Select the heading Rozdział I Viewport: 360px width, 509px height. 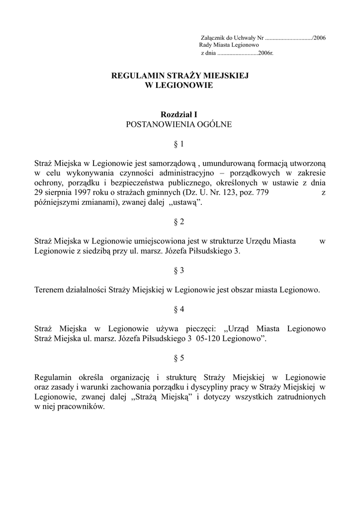pos(179,115)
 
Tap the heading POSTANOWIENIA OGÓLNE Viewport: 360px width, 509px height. pos(179,124)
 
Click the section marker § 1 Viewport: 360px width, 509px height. pos(179,144)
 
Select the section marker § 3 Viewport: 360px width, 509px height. pos(179,270)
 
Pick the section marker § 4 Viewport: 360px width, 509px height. pos(179,309)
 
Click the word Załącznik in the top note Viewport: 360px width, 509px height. pos(213,38)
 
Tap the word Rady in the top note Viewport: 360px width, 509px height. pos(206,45)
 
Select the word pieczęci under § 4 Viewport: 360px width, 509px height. pos(201,329)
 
